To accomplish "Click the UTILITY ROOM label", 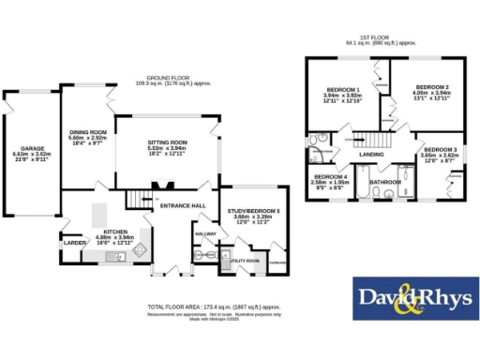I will [246, 259].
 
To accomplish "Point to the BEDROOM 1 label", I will [342, 90].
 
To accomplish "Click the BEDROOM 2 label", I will [433, 87].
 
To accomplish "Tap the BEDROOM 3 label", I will [439, 150].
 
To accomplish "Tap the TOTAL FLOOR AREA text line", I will [214, 307].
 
